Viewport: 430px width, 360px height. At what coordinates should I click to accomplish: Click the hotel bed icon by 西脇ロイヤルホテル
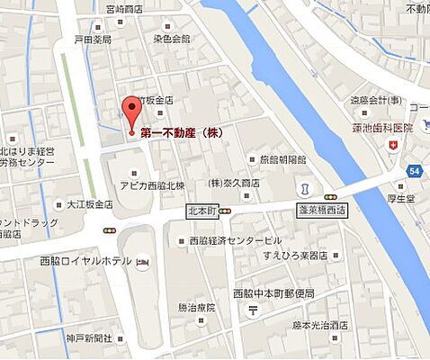pyautogui.click(x=142, y=262)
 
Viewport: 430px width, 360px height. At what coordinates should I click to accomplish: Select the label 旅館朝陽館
pyautogui.click(x=282, y=159)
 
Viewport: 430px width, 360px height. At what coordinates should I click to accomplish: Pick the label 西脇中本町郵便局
pyautogui.click(x=273, y=293)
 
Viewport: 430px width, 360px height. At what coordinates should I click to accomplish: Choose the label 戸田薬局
pyautogui.click(x=93, y=40)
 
